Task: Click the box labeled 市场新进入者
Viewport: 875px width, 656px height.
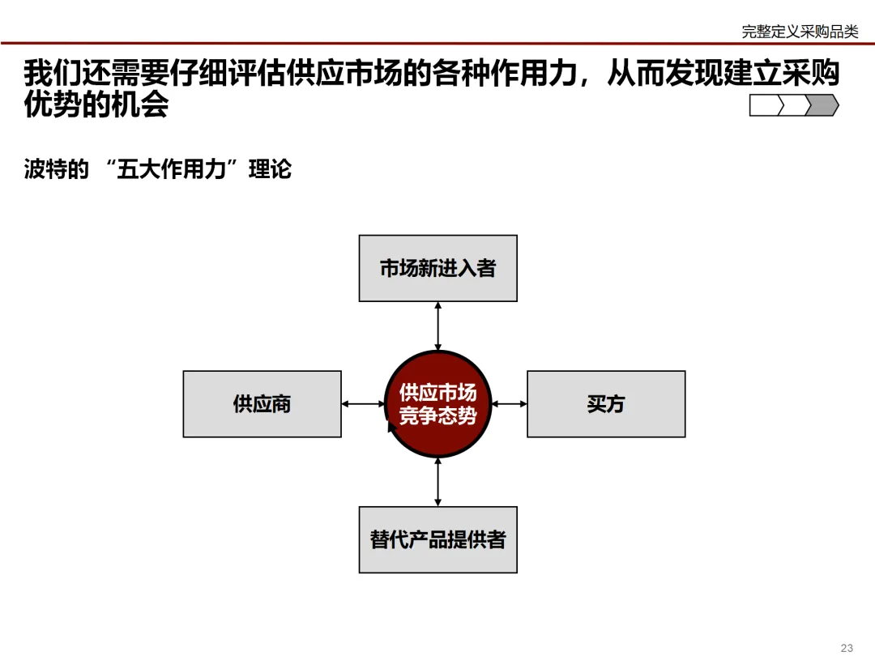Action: [437, 268]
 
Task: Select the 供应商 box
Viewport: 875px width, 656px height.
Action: [262, 404]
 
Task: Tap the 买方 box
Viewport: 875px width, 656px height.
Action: [606, 404]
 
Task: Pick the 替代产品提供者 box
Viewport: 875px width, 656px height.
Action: [437, 539]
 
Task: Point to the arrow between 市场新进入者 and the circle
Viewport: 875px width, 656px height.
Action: [438, 326]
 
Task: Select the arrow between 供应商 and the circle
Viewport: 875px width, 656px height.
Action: [363, 403]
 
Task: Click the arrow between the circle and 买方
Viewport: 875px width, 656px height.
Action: [510, 403]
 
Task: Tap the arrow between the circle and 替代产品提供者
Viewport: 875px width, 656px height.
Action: [438, 483]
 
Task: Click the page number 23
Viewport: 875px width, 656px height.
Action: [847, 647]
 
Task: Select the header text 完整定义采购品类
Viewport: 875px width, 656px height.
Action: [800, 32]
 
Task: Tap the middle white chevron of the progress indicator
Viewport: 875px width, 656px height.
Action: [795, 105]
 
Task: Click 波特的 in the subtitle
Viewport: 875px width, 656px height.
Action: [56, 170]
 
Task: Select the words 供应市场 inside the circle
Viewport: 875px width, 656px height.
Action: [437, 393]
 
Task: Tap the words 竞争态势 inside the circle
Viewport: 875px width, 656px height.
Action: [437, 416]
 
